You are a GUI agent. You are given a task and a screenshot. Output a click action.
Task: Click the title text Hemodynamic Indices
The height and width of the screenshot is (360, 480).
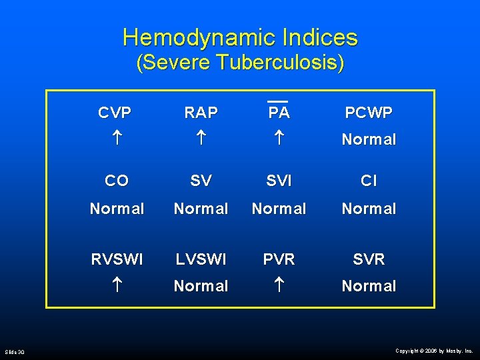pyautogui.click(x=240, y=37)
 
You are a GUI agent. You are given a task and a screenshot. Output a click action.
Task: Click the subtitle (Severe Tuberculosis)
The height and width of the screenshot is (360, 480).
pyautogui.click(x=240, y=64)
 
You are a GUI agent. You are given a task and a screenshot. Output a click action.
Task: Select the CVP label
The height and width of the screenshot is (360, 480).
pyautogui.click(x=115, y=113)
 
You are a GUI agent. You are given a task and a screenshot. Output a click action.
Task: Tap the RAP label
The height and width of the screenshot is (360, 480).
pyautogui.click(x=201, y=113)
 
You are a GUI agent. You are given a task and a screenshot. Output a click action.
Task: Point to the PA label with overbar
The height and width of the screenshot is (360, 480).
pyautogui.click(x=279, y=112)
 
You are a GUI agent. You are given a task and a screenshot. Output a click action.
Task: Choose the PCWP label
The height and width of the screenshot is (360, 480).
pyautogui.click(x=369, y=113)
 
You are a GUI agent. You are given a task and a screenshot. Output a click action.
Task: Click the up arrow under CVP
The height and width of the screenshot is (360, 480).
pyautogui.click(x=116, y=140)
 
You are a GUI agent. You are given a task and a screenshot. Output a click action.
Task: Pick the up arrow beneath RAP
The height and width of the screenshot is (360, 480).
pyautogui.click(x=201, y=140)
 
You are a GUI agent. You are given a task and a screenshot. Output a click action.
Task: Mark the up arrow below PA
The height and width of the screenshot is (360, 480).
pyautogui.click(x=279, y=140)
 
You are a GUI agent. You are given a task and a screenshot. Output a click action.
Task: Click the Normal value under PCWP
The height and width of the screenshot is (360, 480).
pyautogui.click(x=369, y=140)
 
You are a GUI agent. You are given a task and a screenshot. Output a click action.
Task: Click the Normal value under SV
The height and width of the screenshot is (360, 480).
pyautogui.click(x=201, y=209)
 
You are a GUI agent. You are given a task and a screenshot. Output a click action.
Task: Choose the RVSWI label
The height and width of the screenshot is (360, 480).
pyautogui.click(x=117, y=259)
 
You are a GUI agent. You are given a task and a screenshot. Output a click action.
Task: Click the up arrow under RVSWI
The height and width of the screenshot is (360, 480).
pyautogui.click(x=116, y=287)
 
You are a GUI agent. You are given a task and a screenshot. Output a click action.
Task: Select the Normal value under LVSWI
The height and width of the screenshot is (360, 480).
pyautogui.click(x=201, y=286)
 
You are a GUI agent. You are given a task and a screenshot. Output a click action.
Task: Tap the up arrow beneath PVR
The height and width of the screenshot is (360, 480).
pyautogui.click(x=279, y=287)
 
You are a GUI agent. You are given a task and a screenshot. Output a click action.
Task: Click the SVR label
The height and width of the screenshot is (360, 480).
pyautogui.click(x=369, y=259)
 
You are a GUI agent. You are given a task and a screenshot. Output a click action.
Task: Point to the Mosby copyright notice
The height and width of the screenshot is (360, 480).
pyautogui.click(x=434, y=350)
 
